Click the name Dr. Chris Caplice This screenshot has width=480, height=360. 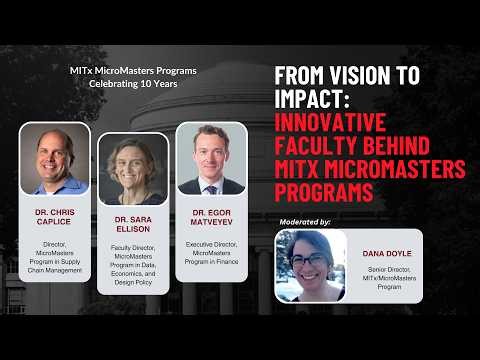(x=55, y=217)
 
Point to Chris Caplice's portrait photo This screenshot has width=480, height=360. (x=55, y=158)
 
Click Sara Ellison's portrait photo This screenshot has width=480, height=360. (x=133, y=169)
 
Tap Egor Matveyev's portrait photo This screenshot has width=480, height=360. (x=211, y=158)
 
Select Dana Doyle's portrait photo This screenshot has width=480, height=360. (x=311, y=265)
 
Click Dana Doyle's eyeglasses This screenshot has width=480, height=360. (x=310, y=261)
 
